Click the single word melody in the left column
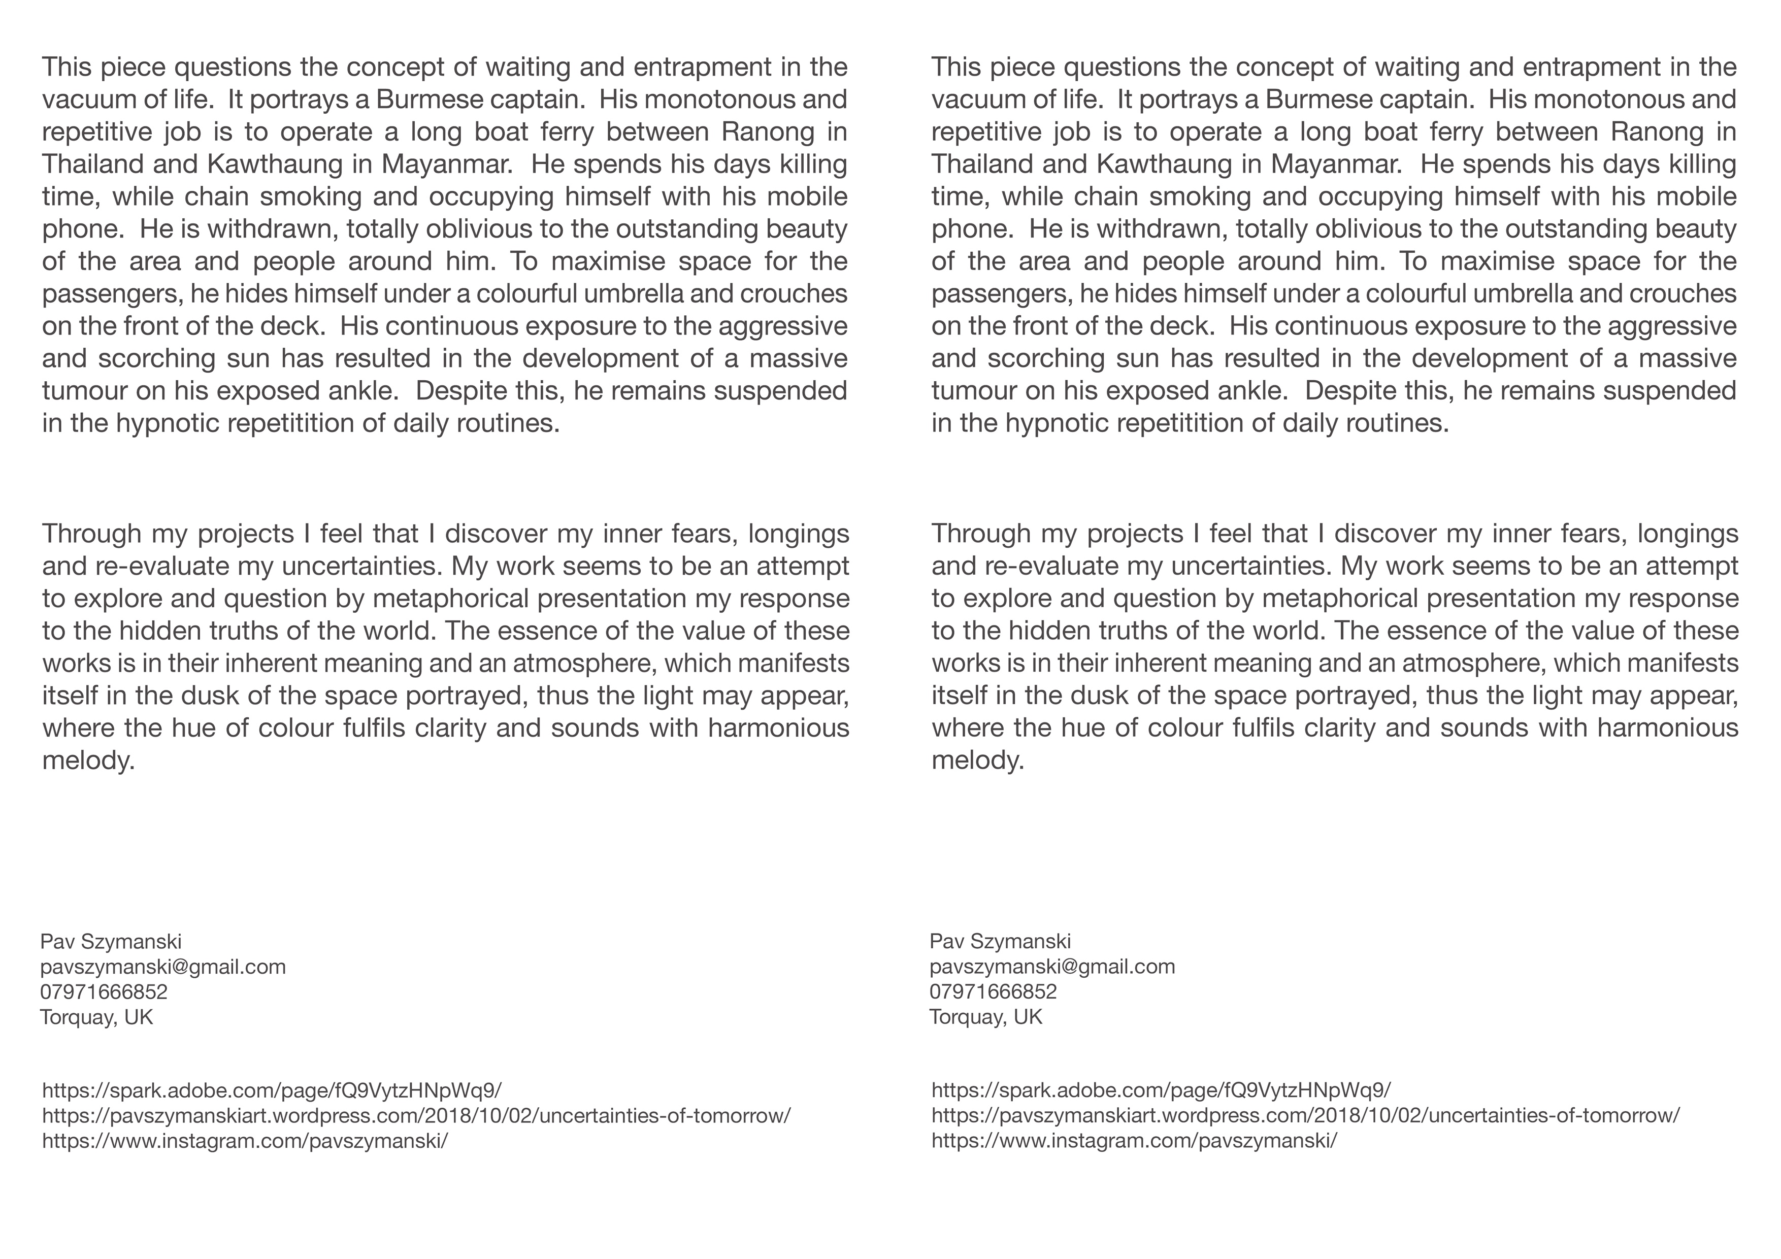[88, 760]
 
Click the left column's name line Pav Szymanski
[111, 942]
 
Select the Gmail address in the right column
[1052, 967]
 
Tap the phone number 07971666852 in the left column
[104, 992]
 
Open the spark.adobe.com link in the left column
[272, 1090]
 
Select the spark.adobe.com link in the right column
[1161, 1090]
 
